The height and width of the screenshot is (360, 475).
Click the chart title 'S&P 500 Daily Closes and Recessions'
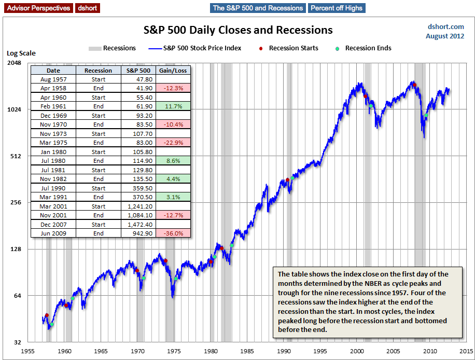(238, 30)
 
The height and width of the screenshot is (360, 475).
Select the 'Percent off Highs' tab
(337, 8)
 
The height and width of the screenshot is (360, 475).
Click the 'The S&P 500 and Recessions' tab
(258, 8)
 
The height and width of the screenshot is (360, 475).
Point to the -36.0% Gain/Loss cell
(173, 233)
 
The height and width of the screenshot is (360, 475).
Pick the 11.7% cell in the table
(173, 106)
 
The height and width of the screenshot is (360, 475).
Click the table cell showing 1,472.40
(139, 225)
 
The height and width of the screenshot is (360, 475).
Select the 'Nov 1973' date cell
(53, 134)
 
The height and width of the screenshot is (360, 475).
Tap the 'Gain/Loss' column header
(173, 70)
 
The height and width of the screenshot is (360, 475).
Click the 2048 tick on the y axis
(13, 63)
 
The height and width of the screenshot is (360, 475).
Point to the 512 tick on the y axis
(16, 156)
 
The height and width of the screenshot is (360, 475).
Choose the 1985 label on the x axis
(247, 351)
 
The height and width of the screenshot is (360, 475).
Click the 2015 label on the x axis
(466, 351)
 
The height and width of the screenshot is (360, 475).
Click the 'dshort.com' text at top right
(445, 26)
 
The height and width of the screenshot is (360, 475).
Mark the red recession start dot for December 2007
(414, 85)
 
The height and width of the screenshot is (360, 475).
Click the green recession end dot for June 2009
(426, 115)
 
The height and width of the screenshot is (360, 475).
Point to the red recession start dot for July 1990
(287, 180)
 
